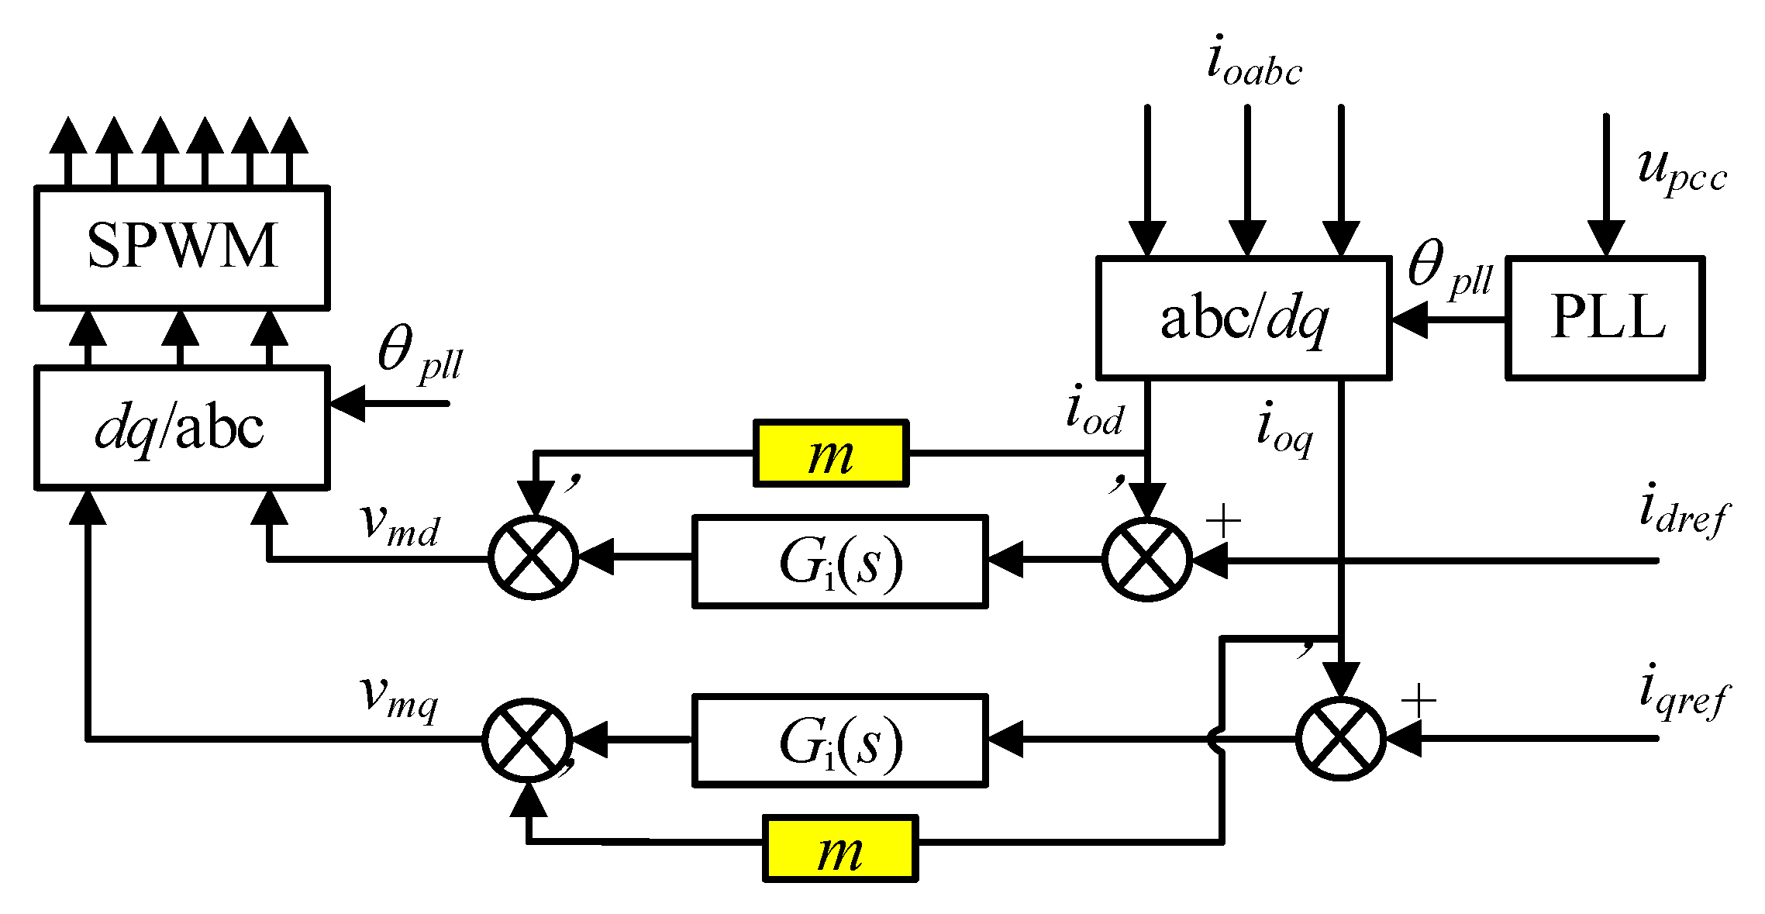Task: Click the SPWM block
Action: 182,247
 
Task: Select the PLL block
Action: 1605,317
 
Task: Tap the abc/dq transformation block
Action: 1243,318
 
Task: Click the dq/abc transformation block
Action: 182,428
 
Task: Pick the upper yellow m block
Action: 830,454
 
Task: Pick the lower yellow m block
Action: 840,848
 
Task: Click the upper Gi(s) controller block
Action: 840,561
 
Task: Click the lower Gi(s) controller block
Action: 840,740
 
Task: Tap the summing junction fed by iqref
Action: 1340,739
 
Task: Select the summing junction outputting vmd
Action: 533,557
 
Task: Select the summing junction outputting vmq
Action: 527,739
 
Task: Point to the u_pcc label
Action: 1681,172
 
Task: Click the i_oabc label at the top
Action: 1253,62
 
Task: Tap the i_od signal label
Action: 1094,414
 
